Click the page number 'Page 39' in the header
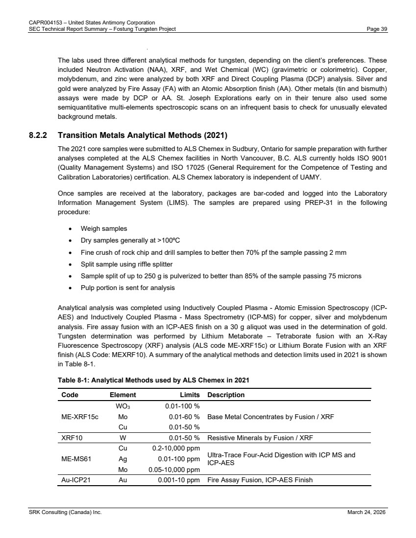coord(377,29)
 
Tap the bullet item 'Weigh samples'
coord(104,228)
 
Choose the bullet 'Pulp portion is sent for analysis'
coord(128,288)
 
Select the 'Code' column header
coord(70,395)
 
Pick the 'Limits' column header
coord(189,395)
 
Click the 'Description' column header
coord(226,395)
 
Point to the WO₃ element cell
coord(122,406)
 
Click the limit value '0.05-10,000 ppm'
coord(174,470)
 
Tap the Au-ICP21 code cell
coord(75,480)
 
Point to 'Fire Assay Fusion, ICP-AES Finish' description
coord(260,480)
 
